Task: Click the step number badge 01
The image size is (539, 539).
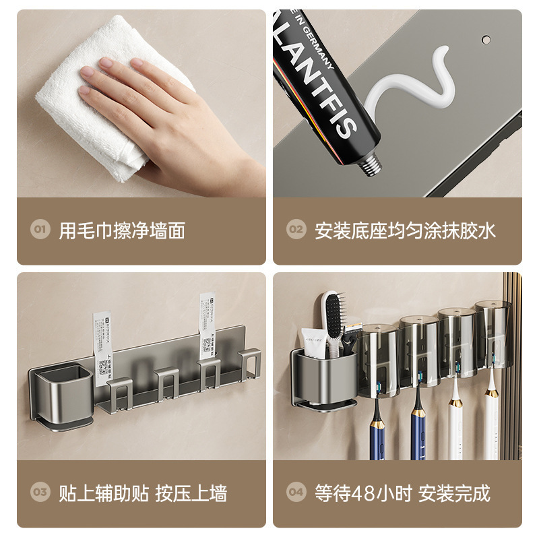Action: [40, 230]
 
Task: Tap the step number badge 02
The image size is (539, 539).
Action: [296, 230]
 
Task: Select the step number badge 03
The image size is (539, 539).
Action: [40, 493]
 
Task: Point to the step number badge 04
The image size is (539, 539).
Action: [296, 493]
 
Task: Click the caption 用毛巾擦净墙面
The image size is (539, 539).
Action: [122, 230]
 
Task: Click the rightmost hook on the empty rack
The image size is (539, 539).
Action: [249, 364]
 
